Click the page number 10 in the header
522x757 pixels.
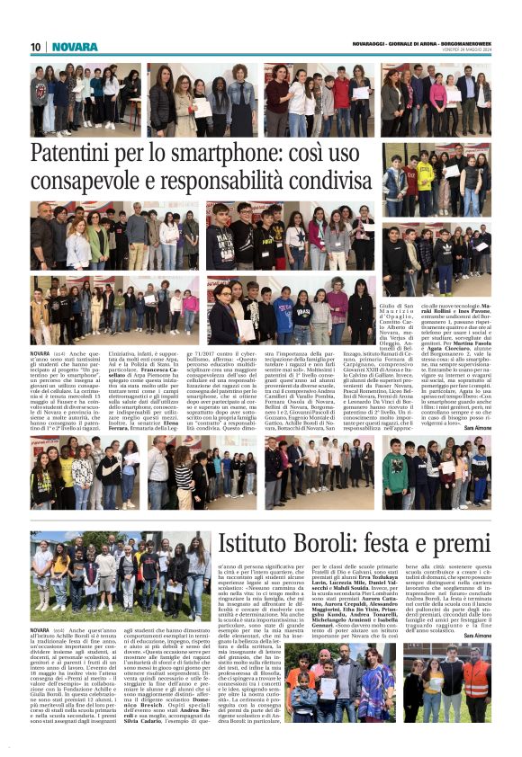coord(36,46)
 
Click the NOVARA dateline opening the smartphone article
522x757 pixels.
coord(41,354)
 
